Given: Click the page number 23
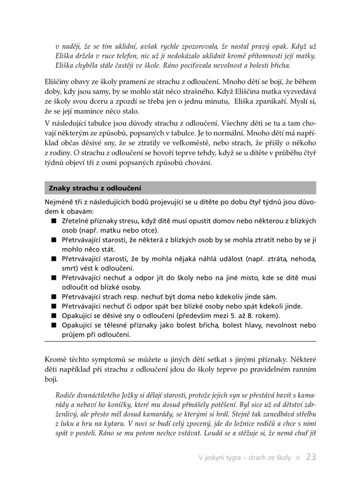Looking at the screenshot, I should point(311,457).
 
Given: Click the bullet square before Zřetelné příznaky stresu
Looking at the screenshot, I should point(53,221).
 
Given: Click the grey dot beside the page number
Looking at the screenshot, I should point(298,457).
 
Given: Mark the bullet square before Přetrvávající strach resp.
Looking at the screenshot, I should point(53,297).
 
